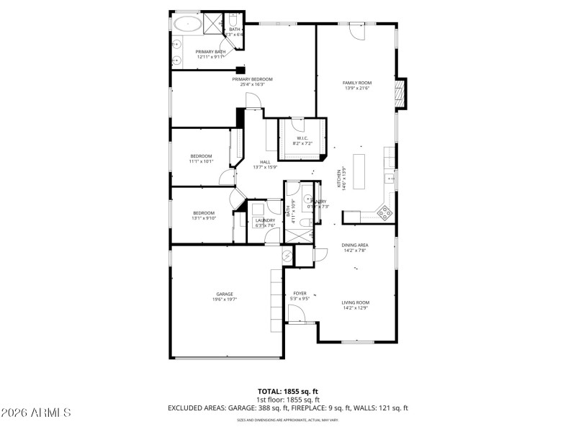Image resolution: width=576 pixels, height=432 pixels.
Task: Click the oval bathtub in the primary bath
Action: [187, 23]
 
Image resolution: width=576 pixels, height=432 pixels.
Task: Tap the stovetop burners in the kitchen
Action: [385, 212]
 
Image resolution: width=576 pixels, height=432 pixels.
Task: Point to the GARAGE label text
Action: [225, 294]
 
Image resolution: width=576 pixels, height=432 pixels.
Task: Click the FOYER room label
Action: [300, 294]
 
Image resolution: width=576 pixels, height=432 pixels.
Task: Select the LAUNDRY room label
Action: [265, 220]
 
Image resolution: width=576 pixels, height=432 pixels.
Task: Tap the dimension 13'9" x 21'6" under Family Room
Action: [356, 88]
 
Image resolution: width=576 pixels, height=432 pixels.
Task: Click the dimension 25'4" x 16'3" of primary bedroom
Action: [253, 84]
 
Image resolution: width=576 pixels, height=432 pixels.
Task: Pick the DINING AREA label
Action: [354, 246]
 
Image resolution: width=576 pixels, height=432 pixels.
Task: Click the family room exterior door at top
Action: [356, 31]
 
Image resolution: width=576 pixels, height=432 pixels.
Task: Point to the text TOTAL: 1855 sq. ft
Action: [288, 392]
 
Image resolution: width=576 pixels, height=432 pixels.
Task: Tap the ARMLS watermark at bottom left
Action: [36, 413]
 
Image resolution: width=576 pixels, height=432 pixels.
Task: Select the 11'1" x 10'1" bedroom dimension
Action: [202, 161]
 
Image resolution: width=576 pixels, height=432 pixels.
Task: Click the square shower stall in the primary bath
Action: [212, 23]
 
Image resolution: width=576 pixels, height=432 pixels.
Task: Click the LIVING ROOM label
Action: [355, 302]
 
